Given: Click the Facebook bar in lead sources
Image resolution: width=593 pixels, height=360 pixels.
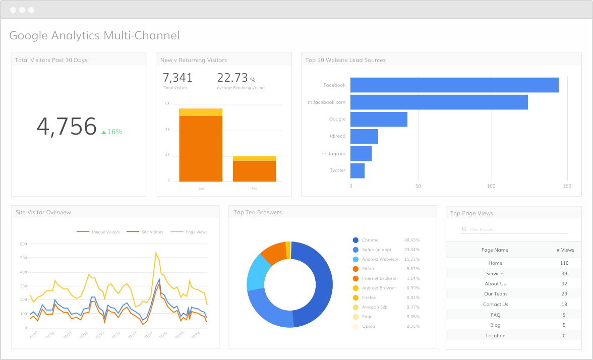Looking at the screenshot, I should [454, 85].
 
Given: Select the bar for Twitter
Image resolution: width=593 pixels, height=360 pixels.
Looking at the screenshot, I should [357, 170].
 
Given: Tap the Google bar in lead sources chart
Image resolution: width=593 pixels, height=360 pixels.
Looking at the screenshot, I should [378, 119].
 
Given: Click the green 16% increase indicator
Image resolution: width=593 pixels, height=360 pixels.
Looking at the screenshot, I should [112, 132].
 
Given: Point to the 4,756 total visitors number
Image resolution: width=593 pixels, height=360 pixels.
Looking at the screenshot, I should [66, 126].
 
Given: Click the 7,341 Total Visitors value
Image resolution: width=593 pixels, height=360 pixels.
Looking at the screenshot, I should [177, 78].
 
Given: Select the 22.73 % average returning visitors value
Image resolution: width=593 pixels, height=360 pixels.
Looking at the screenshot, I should [233, 78].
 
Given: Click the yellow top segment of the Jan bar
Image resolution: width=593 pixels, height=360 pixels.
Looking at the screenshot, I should [200, 112].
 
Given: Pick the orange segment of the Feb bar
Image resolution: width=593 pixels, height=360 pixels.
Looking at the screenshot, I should [254, 171].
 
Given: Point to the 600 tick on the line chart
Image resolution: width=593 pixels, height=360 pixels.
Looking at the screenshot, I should [23, 244].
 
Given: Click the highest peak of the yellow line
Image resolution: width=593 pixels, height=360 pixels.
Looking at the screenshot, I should [156, 253].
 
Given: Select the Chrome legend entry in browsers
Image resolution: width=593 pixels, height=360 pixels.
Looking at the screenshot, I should [370, 240].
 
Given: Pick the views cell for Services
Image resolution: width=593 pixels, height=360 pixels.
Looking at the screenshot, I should [564, 273].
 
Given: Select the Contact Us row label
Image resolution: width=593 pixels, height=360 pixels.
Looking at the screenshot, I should [495, 304].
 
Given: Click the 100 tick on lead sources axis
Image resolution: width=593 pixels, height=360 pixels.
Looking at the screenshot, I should [491, 186].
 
